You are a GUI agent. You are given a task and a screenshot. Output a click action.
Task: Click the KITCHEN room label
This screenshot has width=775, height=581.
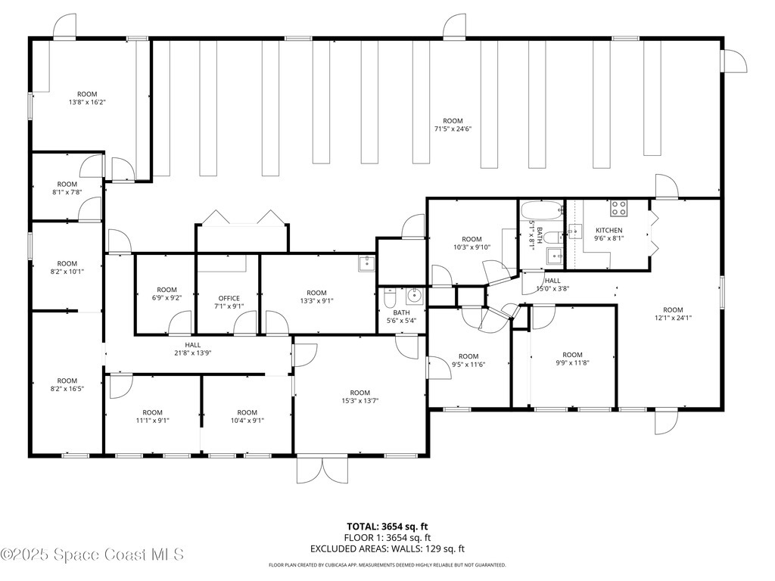(609, 230)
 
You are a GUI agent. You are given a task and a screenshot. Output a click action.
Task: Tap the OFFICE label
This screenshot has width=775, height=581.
(229, 298)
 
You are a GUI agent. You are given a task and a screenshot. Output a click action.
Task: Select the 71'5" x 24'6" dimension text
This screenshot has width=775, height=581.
(453, 129)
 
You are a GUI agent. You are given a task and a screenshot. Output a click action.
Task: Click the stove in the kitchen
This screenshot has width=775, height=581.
(618, 208)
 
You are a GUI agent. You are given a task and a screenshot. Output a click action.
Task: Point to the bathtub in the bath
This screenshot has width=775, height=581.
(542, 211)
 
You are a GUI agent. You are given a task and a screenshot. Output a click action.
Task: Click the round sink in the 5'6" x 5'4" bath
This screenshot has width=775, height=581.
(413, 296)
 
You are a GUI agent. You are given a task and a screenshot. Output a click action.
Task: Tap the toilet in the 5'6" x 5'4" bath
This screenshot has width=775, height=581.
(390, 297)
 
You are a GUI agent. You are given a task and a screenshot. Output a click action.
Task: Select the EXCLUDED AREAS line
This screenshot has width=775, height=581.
(387, 548)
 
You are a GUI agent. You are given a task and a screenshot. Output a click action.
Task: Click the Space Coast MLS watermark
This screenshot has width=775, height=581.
(92, 555)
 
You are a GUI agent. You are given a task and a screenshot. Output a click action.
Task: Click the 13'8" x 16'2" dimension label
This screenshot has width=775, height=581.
(87, 102)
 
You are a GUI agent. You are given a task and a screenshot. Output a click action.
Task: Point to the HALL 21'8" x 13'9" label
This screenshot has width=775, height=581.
(193, 349)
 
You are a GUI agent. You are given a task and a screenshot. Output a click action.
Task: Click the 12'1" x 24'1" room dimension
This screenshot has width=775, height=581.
(673, 318)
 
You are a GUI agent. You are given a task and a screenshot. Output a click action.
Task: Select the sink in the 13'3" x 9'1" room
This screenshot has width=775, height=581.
(367, 264)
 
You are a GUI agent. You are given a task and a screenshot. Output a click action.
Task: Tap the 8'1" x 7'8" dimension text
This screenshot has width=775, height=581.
(67, 193)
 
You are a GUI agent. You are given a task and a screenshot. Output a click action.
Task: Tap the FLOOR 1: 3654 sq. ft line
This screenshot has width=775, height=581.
(387, 538)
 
